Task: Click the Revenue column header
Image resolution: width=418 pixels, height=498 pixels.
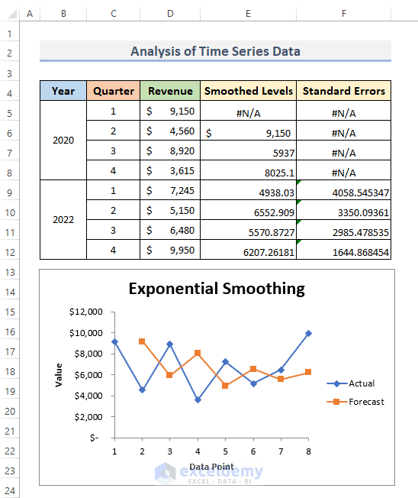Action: [x=170, y=91]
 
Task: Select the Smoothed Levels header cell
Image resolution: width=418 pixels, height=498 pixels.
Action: [x=249, y=91]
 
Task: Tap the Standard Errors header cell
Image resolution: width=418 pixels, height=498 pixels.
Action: [x=343, y=91]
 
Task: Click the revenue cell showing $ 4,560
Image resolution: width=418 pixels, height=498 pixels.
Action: [x=170, y=131]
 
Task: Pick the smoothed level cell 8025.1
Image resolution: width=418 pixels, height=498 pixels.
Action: [x=249, y=170]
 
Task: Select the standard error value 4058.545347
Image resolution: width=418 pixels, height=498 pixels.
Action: [x=343, y=190]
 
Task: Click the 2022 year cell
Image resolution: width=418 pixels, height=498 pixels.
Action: [x=63, y=220]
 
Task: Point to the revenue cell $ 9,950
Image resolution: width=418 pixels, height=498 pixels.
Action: [x=170, y=250]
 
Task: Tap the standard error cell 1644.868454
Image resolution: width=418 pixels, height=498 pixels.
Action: [x=343, y=250]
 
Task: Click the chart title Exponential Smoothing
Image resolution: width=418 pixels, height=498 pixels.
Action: [x=217, y=289]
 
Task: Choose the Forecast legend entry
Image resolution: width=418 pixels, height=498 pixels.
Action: [x=355, y=402]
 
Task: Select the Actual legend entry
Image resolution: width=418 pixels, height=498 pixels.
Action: [x=350, y=383]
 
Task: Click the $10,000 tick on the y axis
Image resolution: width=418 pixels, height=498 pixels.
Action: [x=86, y=333]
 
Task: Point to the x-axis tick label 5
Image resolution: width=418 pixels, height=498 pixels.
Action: [x=225, y=451]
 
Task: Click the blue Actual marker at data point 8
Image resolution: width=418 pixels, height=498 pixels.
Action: [x=308, y=333]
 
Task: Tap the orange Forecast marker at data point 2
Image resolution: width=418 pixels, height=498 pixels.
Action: [x=142, y=341]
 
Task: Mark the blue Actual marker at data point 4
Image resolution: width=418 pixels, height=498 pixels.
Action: [x=198, y=400]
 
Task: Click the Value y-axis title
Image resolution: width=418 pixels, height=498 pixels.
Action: [x=59, y=375]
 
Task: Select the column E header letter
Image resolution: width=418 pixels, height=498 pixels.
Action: [x=248, y=13]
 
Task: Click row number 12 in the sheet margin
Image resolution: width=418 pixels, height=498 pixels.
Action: [x=9, y=253]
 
